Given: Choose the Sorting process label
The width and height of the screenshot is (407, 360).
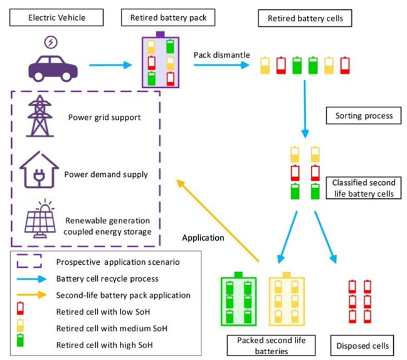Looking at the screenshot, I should coord(359,116).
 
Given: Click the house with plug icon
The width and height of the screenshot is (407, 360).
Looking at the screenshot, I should coord(39,173).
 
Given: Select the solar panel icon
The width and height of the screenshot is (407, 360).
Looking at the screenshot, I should coord(40,221).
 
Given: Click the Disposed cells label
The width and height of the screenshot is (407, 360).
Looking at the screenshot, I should coord(366,345).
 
